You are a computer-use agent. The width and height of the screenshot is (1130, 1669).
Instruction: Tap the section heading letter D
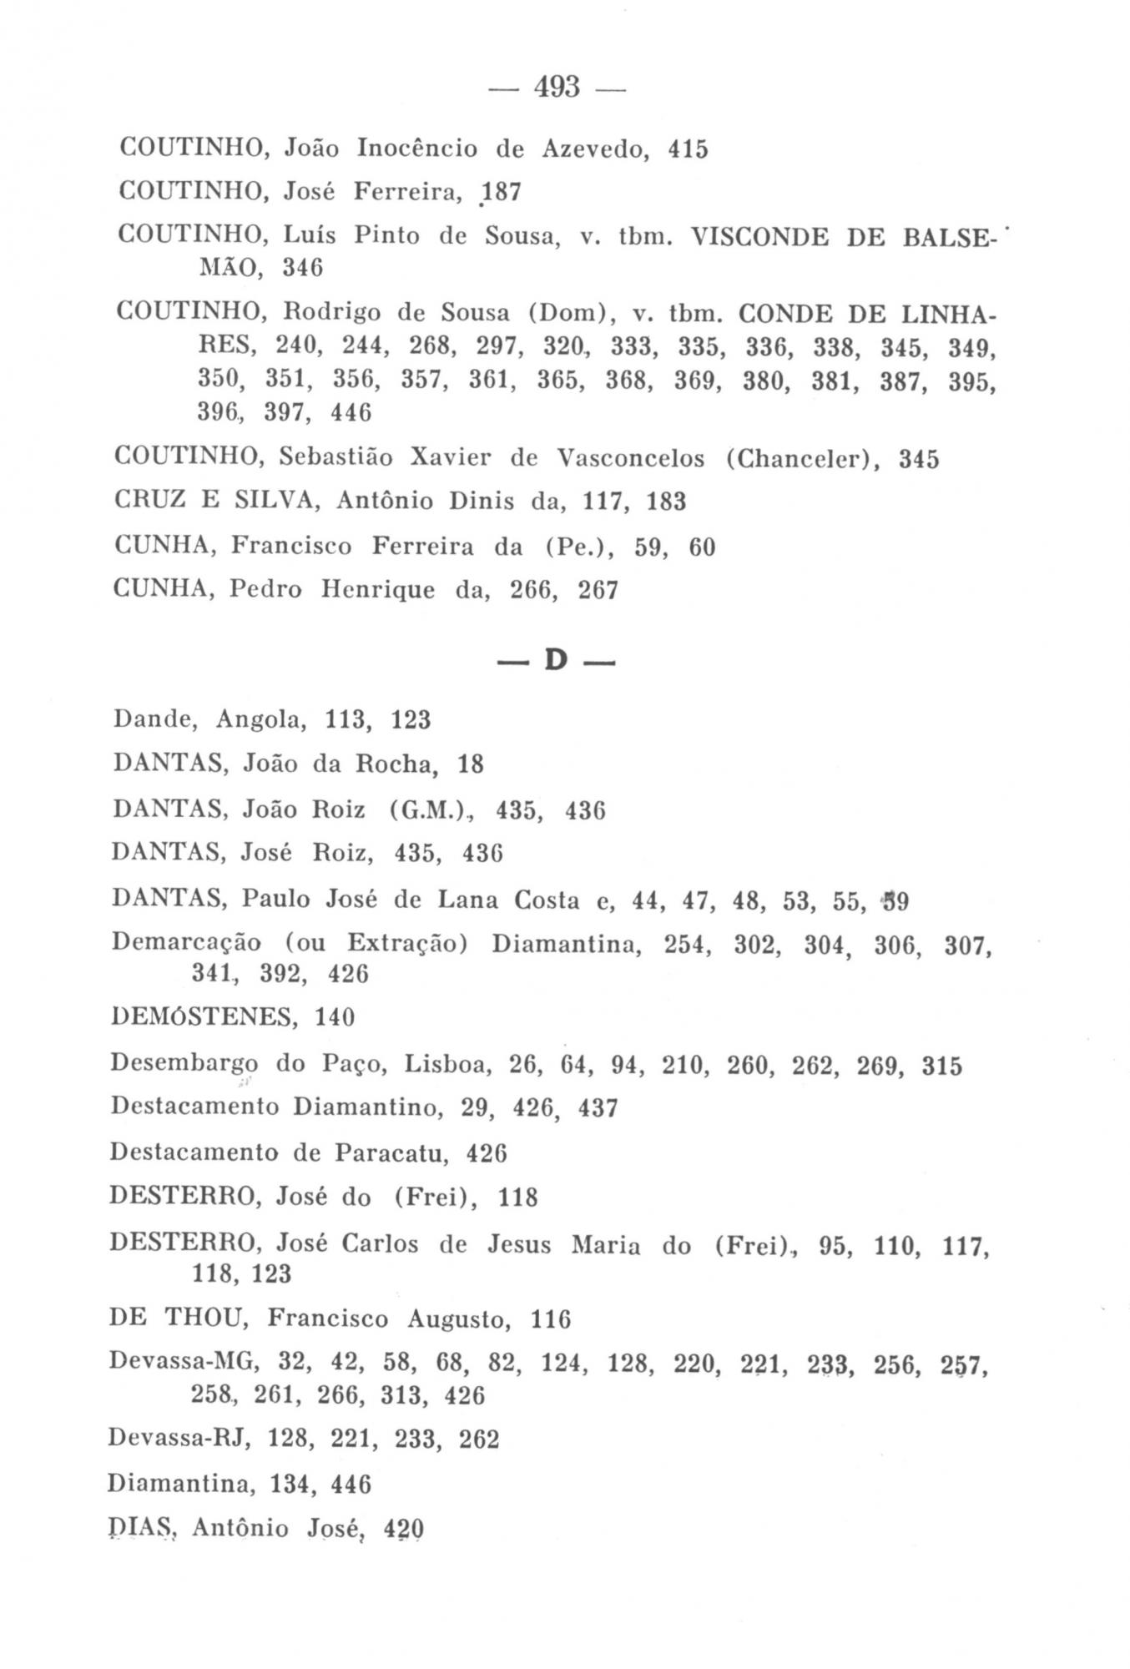[556, 661]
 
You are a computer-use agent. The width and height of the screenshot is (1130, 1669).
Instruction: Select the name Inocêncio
[417, 149]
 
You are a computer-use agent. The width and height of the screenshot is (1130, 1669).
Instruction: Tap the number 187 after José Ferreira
[502, 193]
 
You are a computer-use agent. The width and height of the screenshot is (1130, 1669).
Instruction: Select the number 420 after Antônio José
[404, 1529]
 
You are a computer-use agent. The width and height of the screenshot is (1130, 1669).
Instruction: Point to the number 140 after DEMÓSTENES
[335, 1017]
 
